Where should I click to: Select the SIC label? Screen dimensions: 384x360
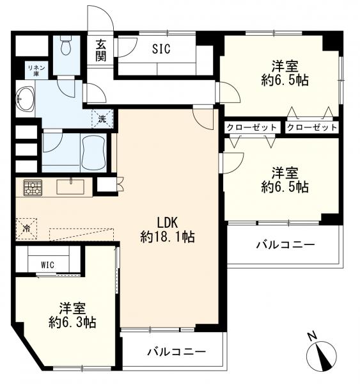tap(161, 49)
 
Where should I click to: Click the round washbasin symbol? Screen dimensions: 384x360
tap(26, 99)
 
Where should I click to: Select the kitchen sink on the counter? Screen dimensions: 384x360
tap(70, 187)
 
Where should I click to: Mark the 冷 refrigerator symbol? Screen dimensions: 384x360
tap(26, 227)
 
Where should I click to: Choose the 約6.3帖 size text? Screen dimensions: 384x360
tap(72, 323)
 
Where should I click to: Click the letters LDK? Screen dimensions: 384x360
tap(168, 223)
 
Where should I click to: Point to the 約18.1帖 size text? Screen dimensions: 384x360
tap(168, 237)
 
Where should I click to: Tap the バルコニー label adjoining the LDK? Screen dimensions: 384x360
tap(175, 353)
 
